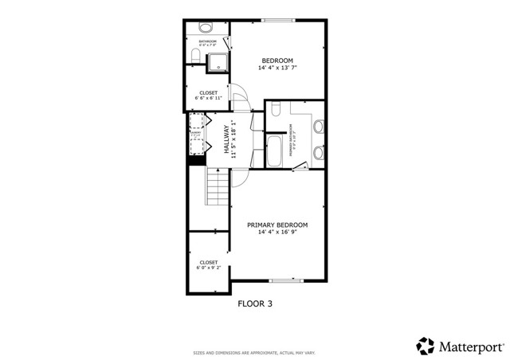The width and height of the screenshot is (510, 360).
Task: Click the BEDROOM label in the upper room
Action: click(277, 61)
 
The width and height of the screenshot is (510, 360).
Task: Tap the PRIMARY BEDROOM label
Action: click(277, 225)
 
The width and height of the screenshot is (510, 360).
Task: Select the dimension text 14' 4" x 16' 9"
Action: click(277, 233)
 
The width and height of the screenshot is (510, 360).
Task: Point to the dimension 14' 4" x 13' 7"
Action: click(277, 68)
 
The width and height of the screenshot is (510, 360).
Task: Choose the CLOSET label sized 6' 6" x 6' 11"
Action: click(208, 92)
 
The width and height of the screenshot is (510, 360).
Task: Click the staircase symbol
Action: click(218, 186)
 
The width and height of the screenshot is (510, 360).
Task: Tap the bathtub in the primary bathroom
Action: click(273, 151)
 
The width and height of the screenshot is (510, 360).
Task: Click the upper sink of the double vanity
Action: click(319, 126)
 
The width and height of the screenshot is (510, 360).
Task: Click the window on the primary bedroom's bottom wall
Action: click(284, 280)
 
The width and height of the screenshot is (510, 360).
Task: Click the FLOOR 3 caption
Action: click(255, 303)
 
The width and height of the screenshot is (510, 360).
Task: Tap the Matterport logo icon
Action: click(426, 346)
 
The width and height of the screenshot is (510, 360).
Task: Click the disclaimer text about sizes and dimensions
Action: click(254, 353)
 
